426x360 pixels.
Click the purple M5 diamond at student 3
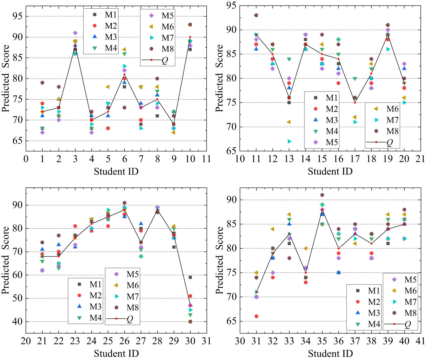point(75,33)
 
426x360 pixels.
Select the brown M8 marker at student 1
point(42,83)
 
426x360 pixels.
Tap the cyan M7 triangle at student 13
point(289,141)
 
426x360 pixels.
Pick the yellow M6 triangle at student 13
point(289,122)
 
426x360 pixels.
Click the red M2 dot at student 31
point(256,316)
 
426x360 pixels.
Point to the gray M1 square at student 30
point(190,277)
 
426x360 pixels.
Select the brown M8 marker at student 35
point(322,195)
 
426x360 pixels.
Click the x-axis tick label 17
point(355,159)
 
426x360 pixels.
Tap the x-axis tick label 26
point(124,341)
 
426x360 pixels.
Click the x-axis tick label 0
point(26,159)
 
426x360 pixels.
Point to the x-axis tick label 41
point(420,341)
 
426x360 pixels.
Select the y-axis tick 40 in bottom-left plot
point(17,321)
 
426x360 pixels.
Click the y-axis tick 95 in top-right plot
point(231,6)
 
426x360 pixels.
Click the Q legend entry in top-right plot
point(383,142)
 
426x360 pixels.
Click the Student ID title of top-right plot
point(330,171)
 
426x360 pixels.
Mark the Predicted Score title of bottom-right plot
point(219,260)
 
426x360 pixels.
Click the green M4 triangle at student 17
point(355,79)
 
